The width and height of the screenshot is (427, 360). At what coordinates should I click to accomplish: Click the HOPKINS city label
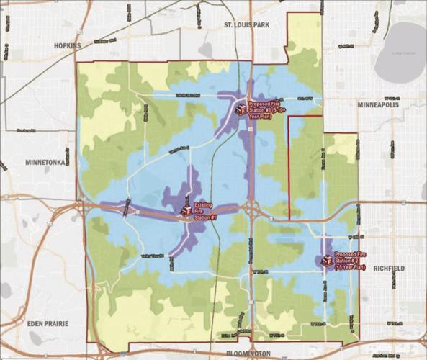[69, 45]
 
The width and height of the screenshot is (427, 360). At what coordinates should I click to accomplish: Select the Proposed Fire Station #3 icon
[240, 109]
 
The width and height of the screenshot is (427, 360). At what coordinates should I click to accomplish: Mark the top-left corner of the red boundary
[76, 63]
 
